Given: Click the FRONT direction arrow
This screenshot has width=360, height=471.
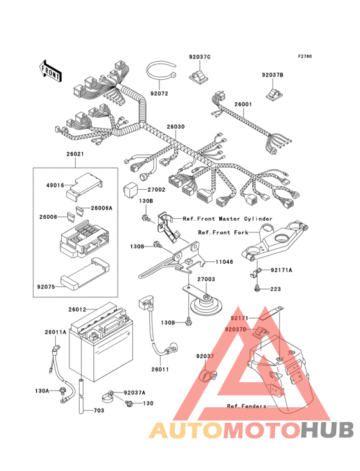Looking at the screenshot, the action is click(50, 71).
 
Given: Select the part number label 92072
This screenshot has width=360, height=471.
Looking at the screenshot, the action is click(159, 94).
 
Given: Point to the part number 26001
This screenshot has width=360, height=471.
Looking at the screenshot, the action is click(243, 104).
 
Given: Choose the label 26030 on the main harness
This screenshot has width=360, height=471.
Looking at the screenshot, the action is click(175, 127).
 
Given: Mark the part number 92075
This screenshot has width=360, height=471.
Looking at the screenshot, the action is click(46, 287).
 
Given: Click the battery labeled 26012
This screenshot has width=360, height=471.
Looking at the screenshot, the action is click(101, 342).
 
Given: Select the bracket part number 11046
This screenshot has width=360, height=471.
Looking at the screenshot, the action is click(224, 262).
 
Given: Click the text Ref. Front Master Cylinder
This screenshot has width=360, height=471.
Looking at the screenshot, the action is click(228, 219).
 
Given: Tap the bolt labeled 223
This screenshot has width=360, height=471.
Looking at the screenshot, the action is click(256, 289).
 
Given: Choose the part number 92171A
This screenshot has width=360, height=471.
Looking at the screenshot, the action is click(282, 270).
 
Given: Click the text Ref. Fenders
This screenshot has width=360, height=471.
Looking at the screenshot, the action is click(247, 406).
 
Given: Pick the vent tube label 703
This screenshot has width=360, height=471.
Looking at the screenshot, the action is click(99, 411).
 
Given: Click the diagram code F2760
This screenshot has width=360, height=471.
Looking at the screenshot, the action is click(305, 56).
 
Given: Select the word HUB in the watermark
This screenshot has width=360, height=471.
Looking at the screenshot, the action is click(328, 430).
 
